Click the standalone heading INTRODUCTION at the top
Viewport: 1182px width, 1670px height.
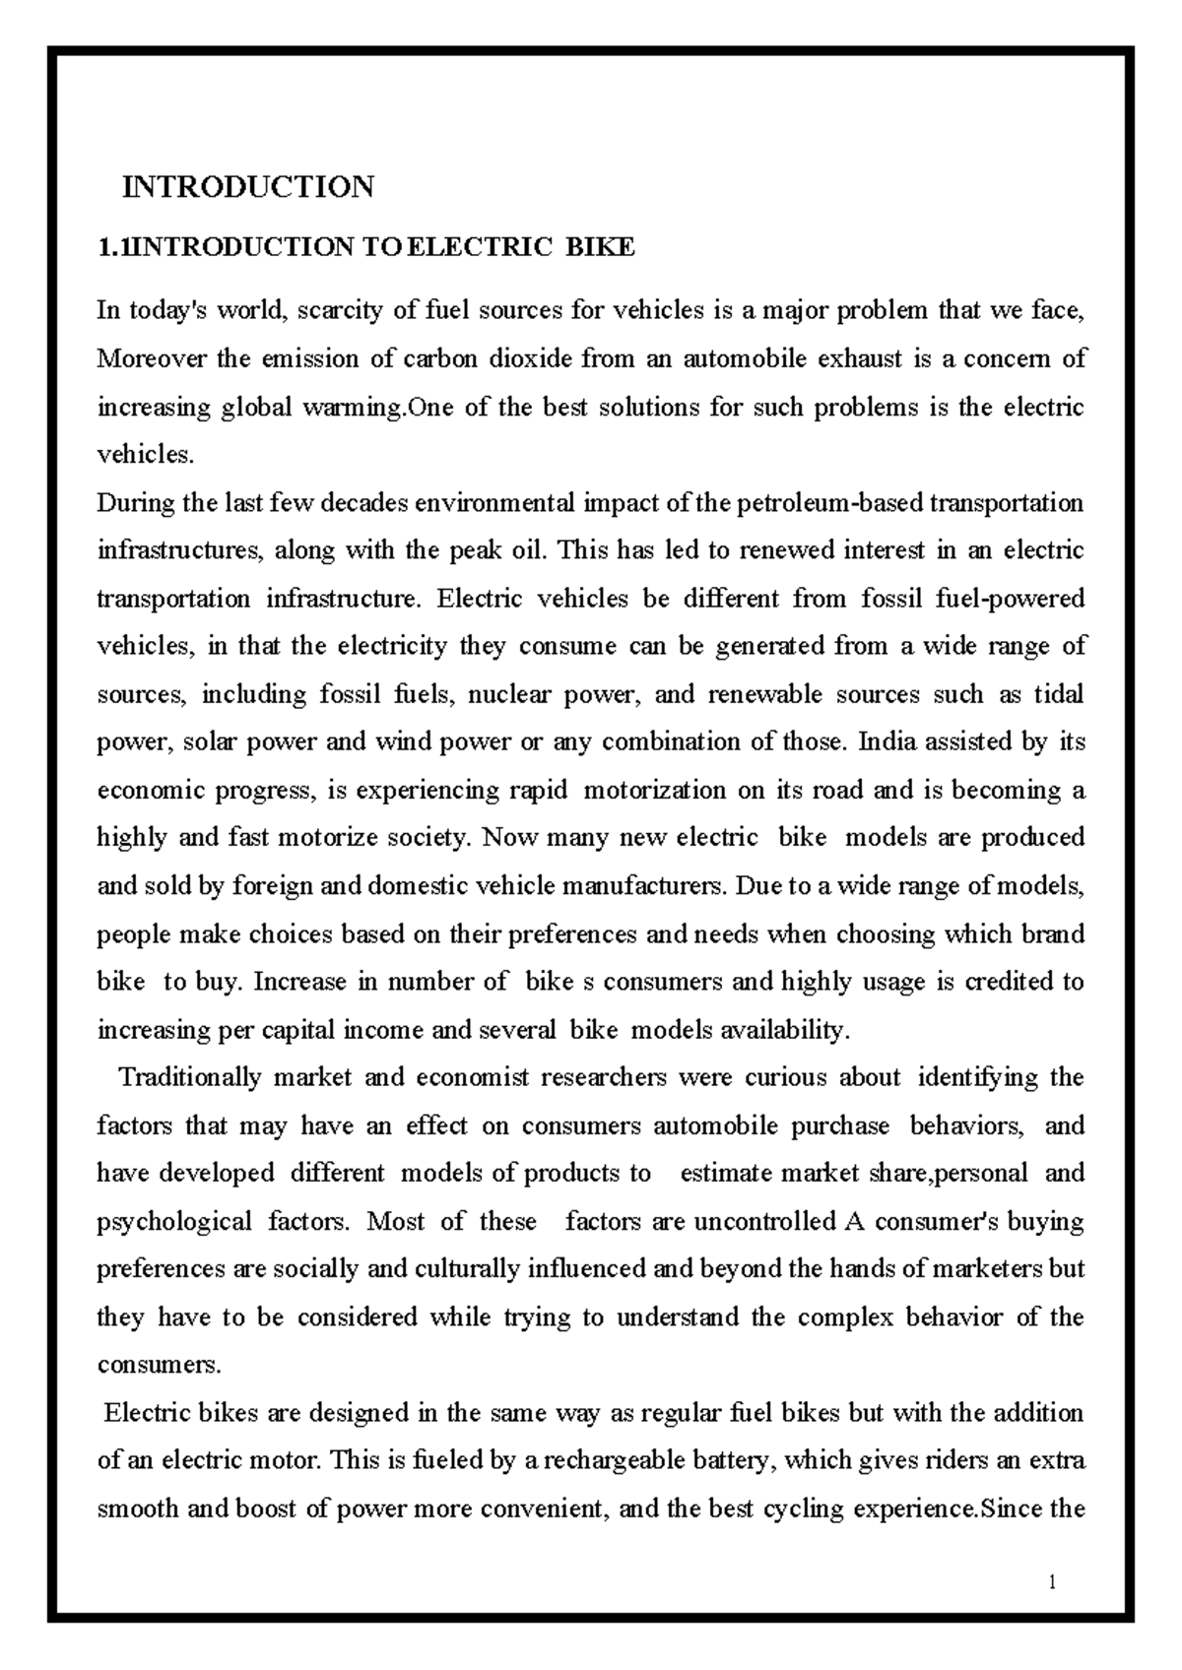click(247, 186)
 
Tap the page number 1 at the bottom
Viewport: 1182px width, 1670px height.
click(1053, 1583)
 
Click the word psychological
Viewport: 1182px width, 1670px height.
click(174, 1222)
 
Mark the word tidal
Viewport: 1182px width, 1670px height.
click(1058, 694)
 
